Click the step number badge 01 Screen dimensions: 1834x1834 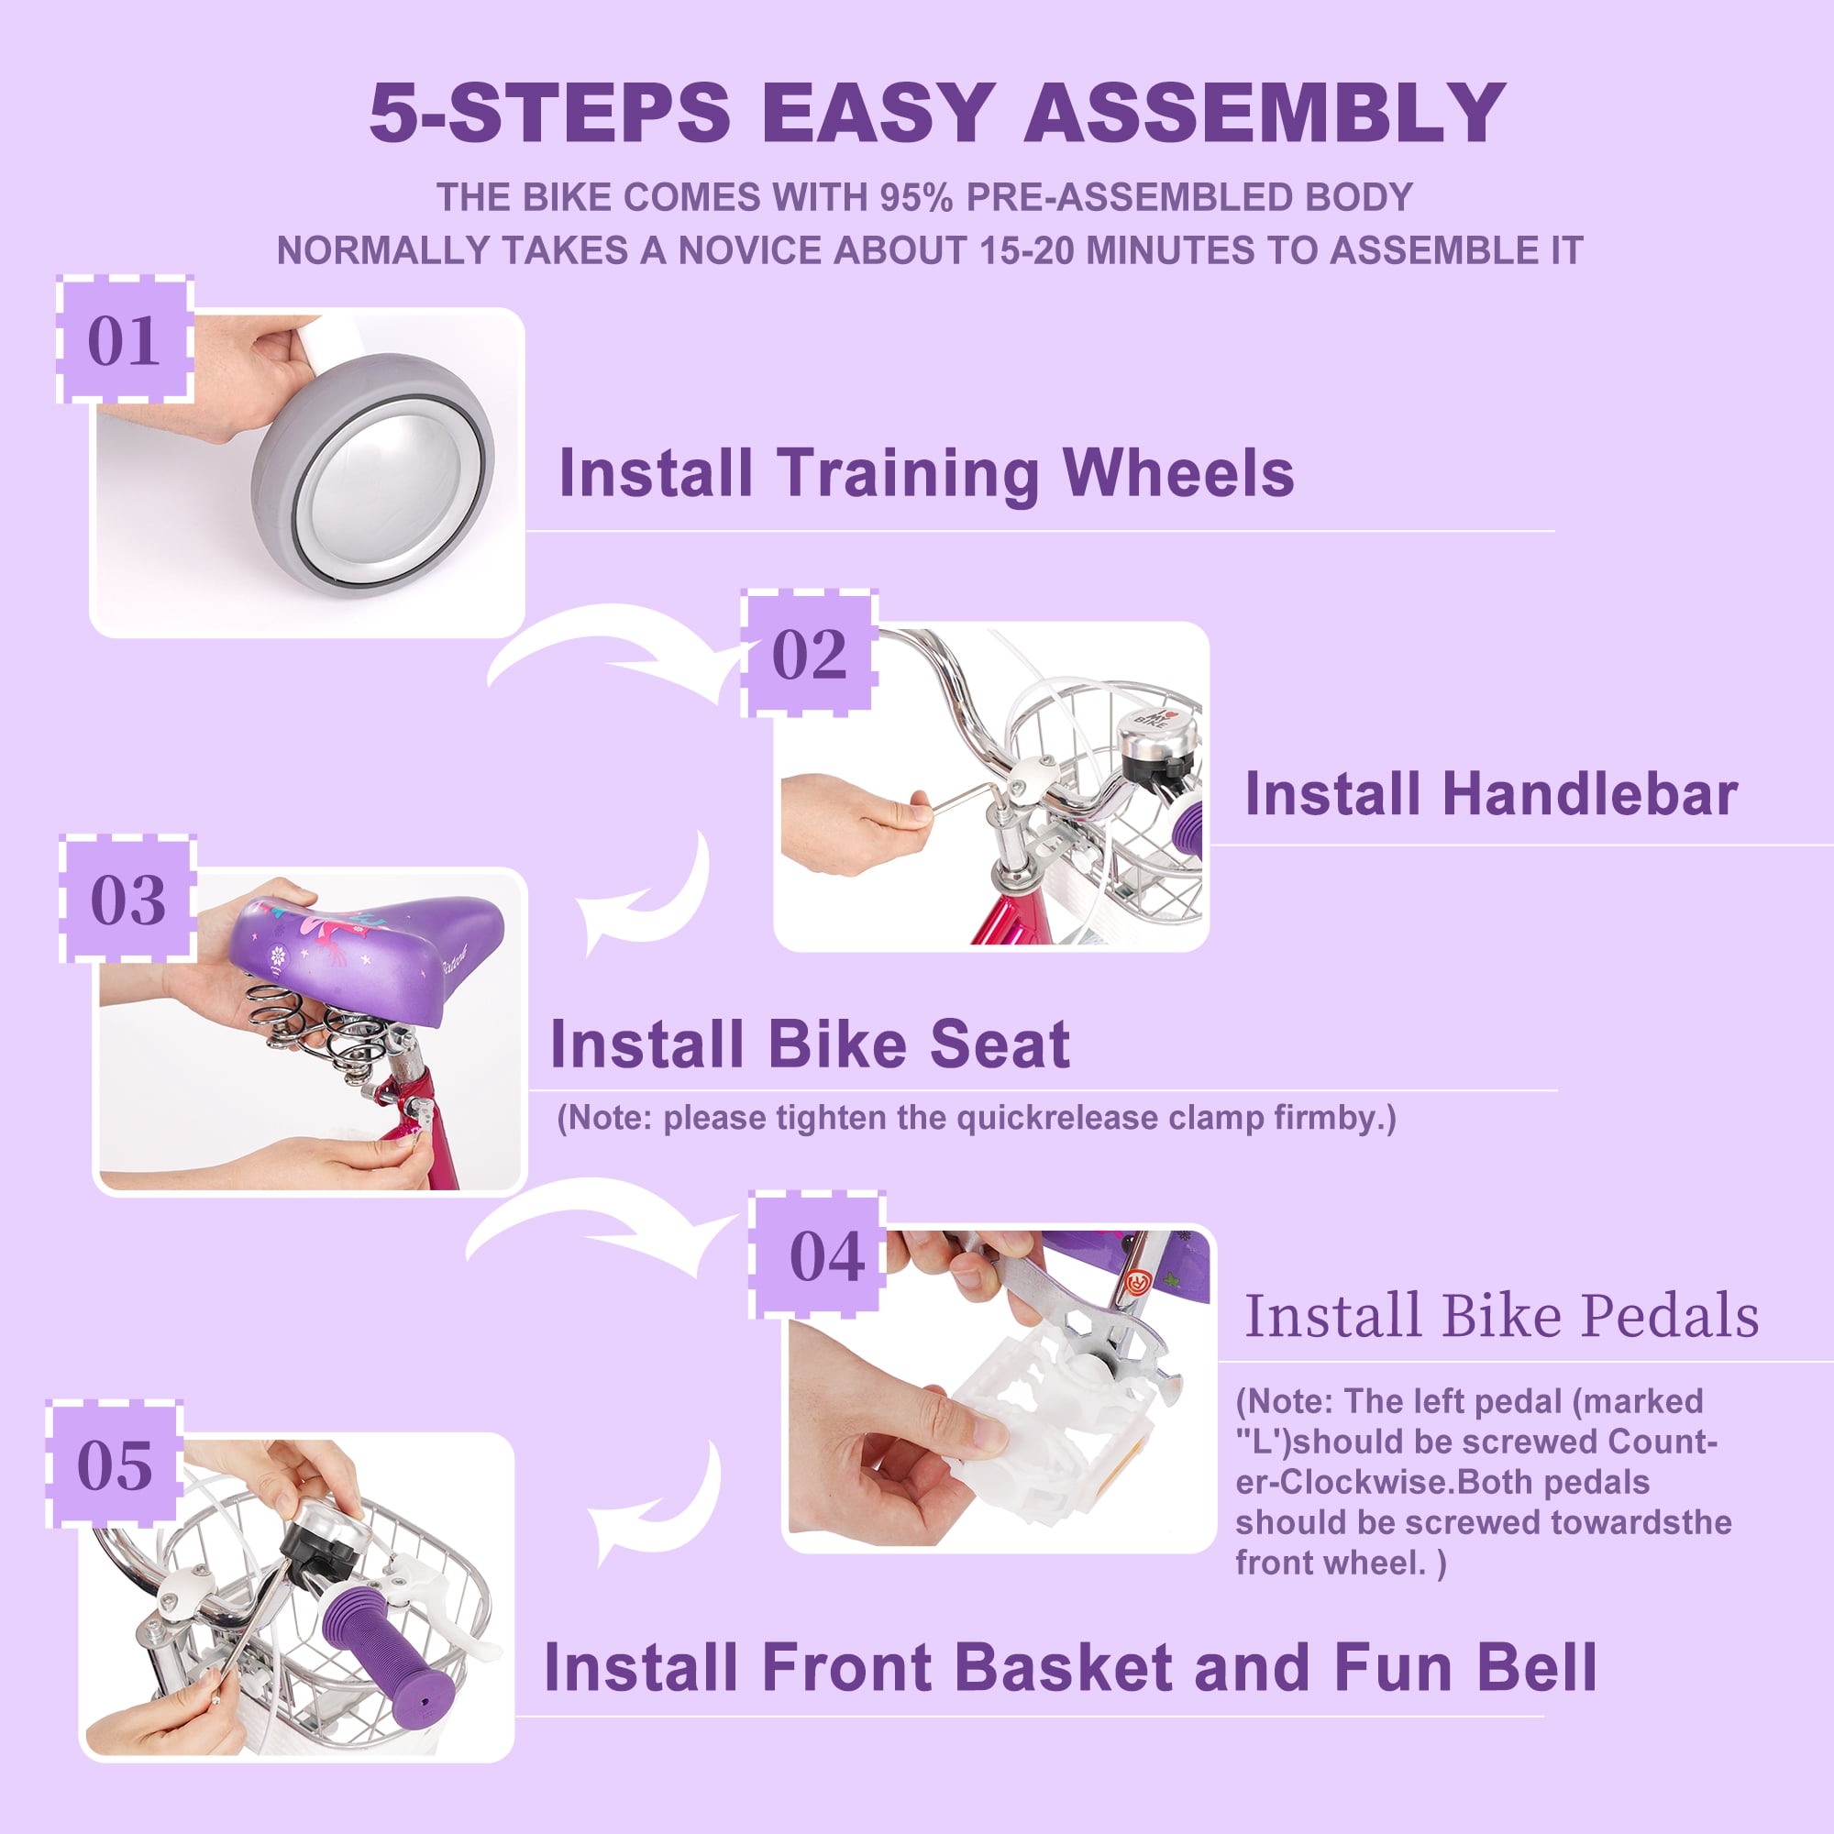point(126,340)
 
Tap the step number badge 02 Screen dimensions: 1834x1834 point(809,653)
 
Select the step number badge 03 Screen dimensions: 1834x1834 point(128,899)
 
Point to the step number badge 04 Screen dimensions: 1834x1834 point(817,1255)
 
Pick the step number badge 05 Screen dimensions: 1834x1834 point(115,1464)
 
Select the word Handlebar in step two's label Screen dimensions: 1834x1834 point(1590,793)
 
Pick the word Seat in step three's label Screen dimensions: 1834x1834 point(1000,1044)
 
